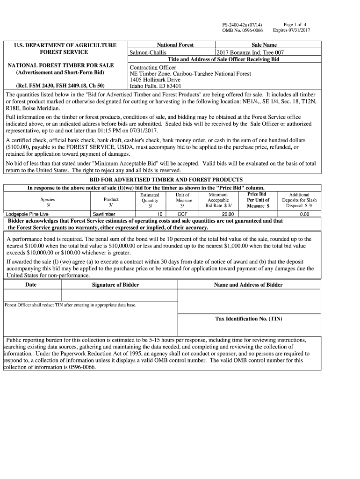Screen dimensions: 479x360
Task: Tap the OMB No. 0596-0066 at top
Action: (x=242, y=30)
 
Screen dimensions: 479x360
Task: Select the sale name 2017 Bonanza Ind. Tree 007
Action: (x=250, y=53)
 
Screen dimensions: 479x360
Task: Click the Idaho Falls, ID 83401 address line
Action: (x=156, y=86)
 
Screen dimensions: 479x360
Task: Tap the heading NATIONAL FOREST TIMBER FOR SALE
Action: (x=61, y=65)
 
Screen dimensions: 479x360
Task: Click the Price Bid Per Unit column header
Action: (x=258, y=200)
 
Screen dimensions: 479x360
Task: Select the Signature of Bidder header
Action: (x=115, y=285)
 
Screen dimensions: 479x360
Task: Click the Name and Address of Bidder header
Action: (x=248, y=285)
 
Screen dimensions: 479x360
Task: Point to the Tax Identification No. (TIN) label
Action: (x=248, y=319)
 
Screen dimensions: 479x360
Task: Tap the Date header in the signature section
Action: (x=31, y=285)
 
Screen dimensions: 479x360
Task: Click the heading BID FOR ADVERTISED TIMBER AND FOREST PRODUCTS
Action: (x=166, y=180)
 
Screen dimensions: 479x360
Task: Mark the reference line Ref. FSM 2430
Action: (x=61, y=86)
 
